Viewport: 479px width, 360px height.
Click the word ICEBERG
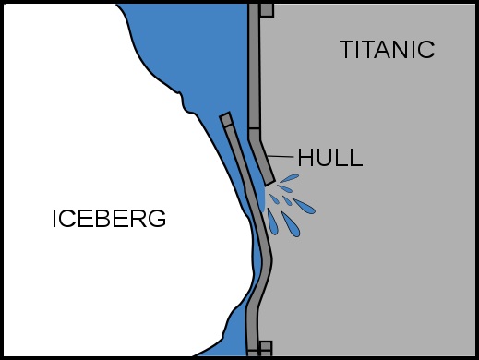pyautogui.click(x=109, y=220)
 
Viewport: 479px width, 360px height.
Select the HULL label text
pyautogui.click(x=329, y=158)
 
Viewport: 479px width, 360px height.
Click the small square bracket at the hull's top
pyautogui.click(x=267, y=10)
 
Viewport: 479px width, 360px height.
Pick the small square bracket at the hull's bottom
pyautogui.click(x=266, y=348)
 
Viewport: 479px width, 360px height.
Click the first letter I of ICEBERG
pyautogui.click(x=54, y=220)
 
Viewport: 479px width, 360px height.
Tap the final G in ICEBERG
pyautogui.click(x=158, y=220)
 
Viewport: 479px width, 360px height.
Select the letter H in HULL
pyautogui.click(x=305, y=158)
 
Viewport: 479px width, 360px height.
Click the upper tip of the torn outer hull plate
pyautogui.click(x=224, y=119)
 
